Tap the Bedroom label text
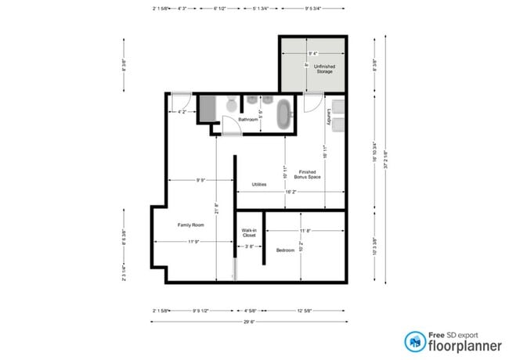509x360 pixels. click(x=285, y=250)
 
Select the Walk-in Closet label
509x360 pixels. click(x=249, y=232)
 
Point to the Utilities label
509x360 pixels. click(x=258, y=185)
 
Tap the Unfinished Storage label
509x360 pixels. click(x=324, y=69)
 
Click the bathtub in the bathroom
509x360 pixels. click(x=283, y=114)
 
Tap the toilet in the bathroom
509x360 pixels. click(x=232, y=104)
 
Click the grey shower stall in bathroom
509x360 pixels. click(x=208, y=108)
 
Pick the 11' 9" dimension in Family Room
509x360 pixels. click(x=193, y=242)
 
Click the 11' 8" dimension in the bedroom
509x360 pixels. click(x=305, y=231)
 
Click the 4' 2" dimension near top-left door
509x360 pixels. click(x=182, y=112)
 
